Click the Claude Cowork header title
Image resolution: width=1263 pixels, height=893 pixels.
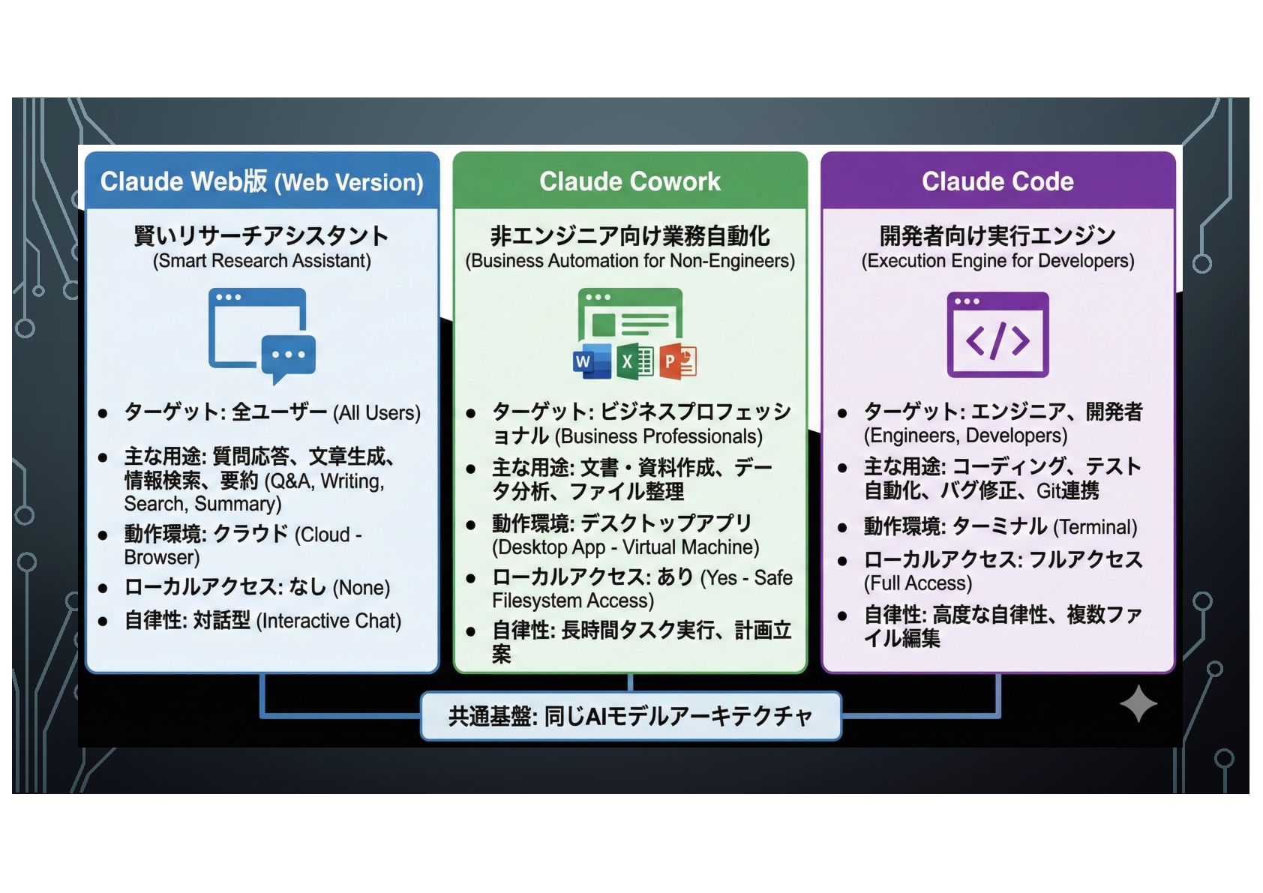pyautogui.click(x=630, y=181)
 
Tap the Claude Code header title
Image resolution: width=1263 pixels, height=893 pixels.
pyautogui.click(x=997, y=181)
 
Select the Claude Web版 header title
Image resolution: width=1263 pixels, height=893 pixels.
pyautogui.click(x=262, y=182)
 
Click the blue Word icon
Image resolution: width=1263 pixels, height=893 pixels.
pyautogui.click(x=591, y=361)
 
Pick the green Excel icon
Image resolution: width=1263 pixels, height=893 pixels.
pyautogui.click(x=634, y=361)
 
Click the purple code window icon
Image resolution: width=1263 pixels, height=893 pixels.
pyautogui.click(x=997, y=334)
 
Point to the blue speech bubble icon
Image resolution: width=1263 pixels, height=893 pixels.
pyautogui.click(x=288, y=355)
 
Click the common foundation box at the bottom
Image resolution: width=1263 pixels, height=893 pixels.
pyautogui.click(x=630, y=716)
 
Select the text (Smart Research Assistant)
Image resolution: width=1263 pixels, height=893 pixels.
pyautogui.click(x=262, y=261)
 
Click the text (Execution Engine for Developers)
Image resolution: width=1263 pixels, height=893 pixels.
pyautogui.click(x=997, y=261)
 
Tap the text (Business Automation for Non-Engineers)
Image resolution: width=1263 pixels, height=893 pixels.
pyautogui.click(x=630, y=261)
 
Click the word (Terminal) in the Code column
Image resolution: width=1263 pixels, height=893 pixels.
pyautogui.click(x=1095, y=527)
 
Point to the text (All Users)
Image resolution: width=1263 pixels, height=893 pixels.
pyautogui.click(x=377, y=413)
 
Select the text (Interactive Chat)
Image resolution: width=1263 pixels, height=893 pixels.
pyautogui.click(x=329, y=621)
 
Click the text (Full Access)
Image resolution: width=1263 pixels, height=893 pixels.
pyautogui.click(x=918, y=583)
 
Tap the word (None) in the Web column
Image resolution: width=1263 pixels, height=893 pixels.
pyautogui.click(x=361, y=588)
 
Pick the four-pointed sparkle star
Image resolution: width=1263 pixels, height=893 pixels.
pyautogui.click(x=1138, y=704)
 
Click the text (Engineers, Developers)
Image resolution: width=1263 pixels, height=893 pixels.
pyautogui.click(x=965, y=436)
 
